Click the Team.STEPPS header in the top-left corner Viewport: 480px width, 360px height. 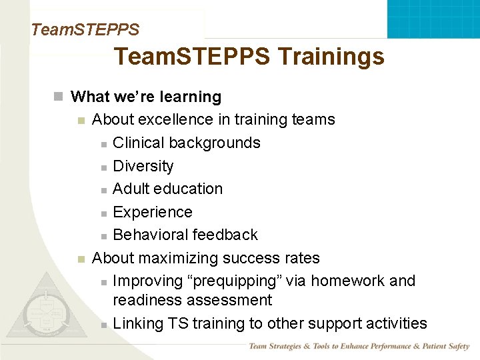coord(85,30)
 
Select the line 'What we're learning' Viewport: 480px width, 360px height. coord(145,97)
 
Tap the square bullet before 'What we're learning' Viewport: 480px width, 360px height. coord(59,97)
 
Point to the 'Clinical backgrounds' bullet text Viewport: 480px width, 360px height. coord(187,143)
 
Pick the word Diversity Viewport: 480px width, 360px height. coord(143,166)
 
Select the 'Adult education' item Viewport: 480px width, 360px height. coord(168,189)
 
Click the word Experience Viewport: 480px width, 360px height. coord(153,212)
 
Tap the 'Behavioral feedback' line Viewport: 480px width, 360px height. coord(185,235)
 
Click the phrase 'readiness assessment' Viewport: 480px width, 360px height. coord(193,301)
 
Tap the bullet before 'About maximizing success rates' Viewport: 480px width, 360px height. coord(81,259)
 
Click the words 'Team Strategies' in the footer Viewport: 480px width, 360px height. coord(275,346)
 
